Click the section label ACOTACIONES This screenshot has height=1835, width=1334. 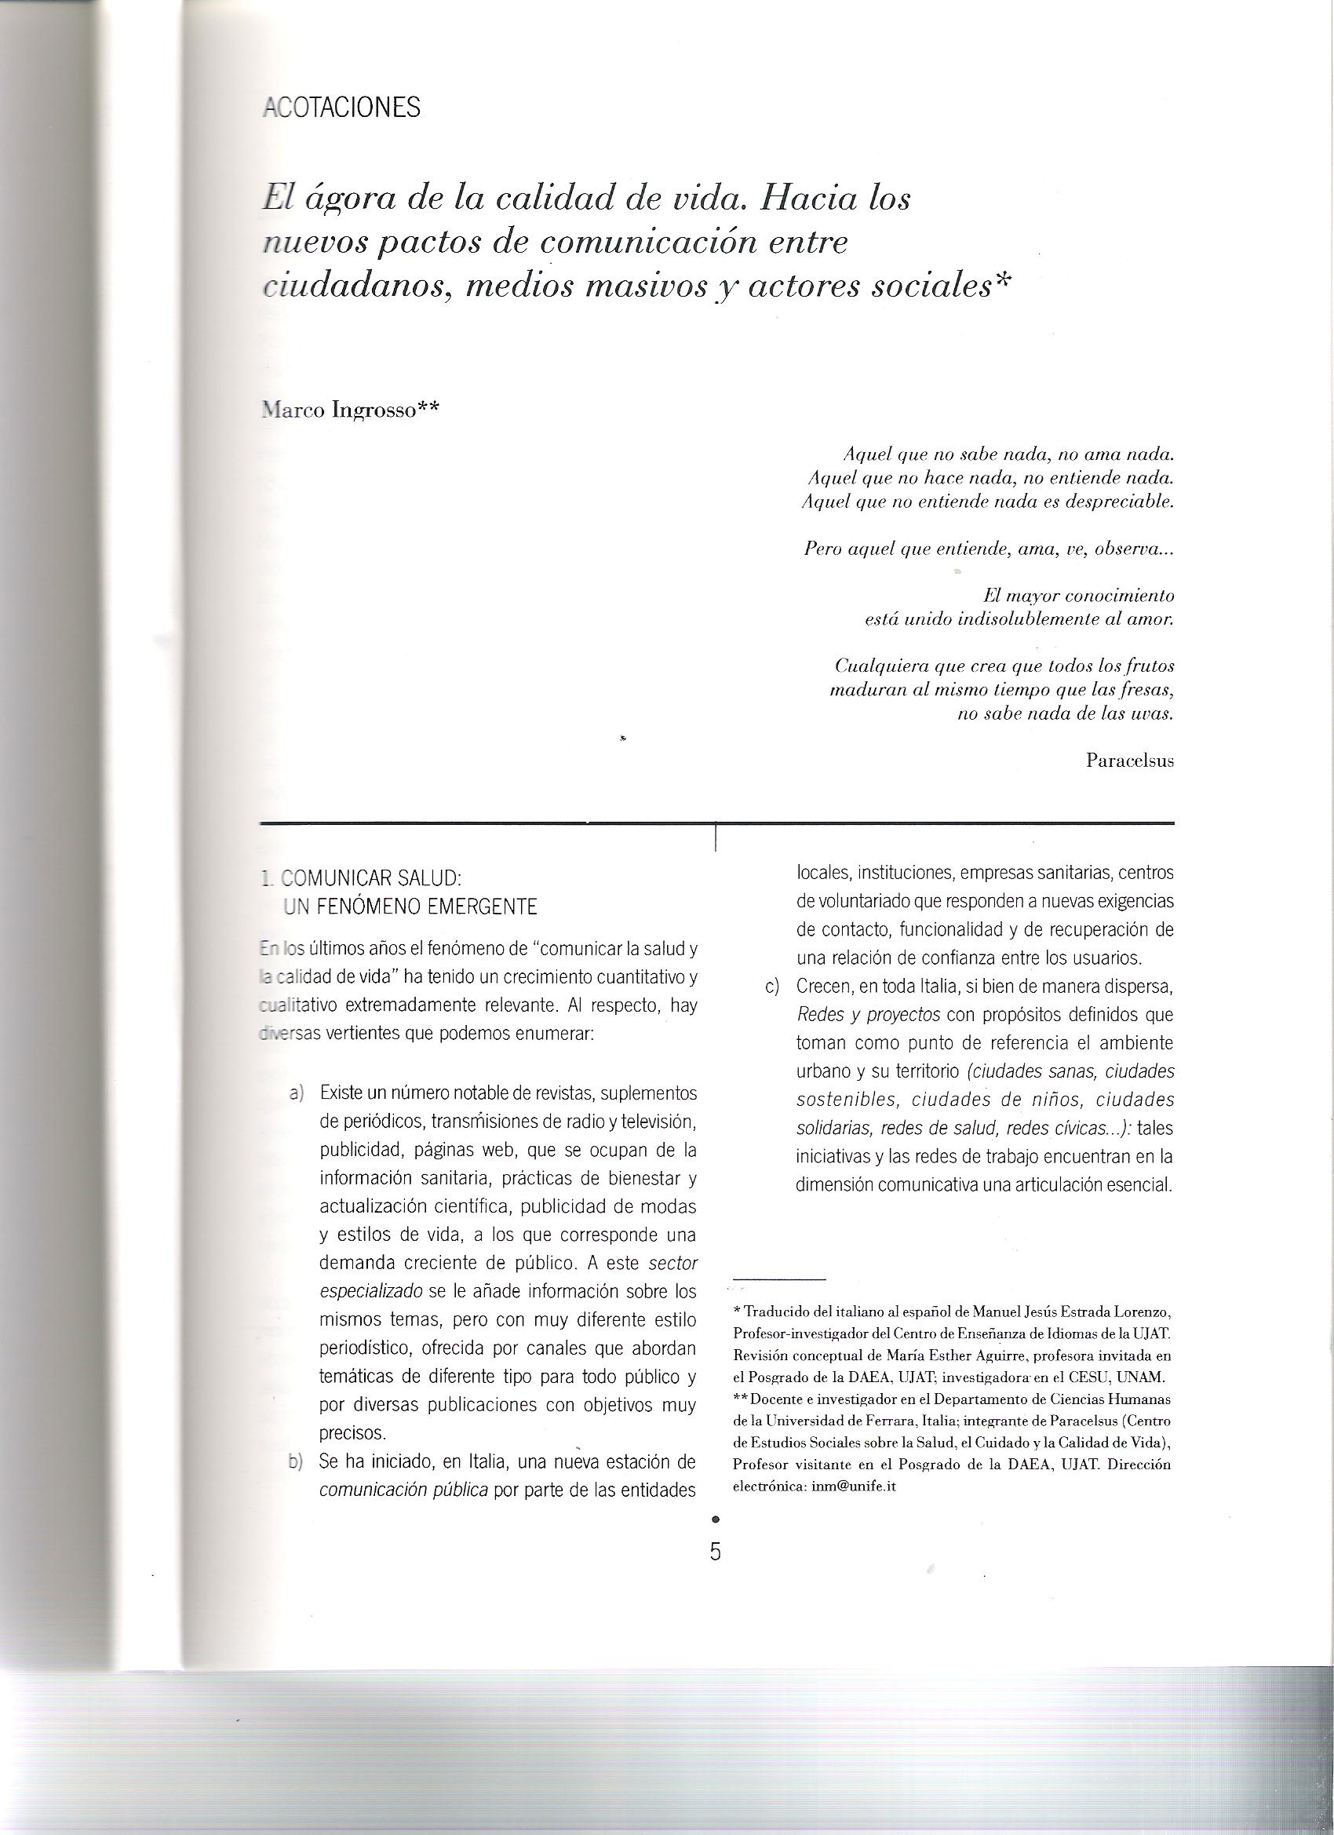point(342,108)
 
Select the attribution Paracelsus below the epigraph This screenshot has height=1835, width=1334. point(1130,761)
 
